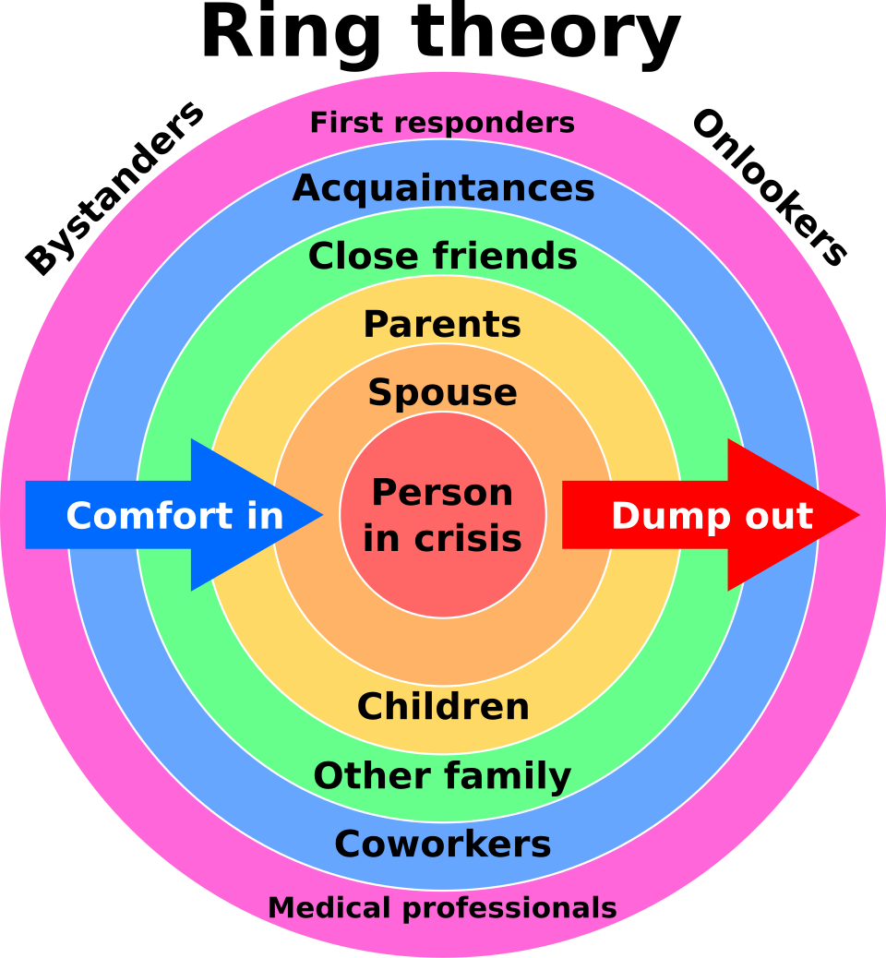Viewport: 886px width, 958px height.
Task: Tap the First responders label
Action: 442,123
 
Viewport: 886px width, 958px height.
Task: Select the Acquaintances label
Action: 443,188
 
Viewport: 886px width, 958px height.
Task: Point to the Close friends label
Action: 443,256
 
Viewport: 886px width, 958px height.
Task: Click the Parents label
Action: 442,324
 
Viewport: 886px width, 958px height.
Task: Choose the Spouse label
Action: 442,393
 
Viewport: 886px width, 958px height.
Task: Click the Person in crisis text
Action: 442,515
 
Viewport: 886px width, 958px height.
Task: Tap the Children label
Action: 443,707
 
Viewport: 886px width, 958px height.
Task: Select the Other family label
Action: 442,776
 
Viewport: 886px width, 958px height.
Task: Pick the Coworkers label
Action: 443,844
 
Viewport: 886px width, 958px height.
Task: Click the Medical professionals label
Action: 442,908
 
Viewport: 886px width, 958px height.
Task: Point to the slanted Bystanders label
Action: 114,188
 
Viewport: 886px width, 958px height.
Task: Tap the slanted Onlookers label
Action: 770,188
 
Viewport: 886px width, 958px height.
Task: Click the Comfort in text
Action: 174,516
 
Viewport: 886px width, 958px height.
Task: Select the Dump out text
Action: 712,516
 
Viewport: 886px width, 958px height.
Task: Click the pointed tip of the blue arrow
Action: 323,514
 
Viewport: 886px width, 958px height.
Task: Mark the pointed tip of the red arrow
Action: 860,514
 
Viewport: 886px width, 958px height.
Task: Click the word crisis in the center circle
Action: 467,538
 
